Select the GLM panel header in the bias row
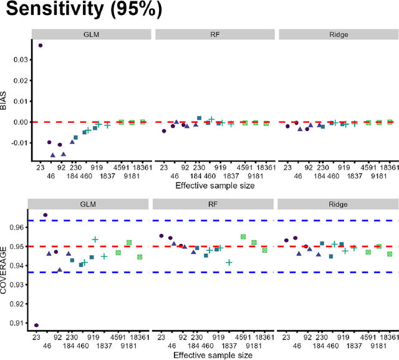(91, 34)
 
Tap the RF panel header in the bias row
(214, 34)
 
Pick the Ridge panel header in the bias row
(337, 34)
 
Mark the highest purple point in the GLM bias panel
(41, 46)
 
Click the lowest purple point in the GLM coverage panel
(36, 325)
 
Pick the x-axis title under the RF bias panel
(214, 185)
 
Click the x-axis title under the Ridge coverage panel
(337, 356)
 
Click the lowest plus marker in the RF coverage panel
(229, 263)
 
